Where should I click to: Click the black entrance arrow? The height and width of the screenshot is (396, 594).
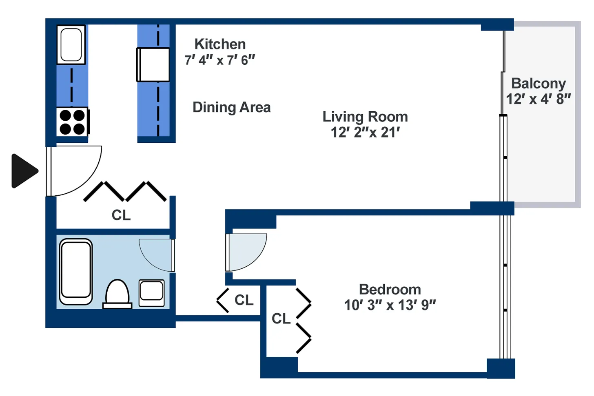pyautogui.click(x=24, y=171)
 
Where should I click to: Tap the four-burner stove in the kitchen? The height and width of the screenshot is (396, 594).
pyautogui.click(x=72, y=122)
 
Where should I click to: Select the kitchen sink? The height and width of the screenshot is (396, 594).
pyautogui.click(x=71, y=44)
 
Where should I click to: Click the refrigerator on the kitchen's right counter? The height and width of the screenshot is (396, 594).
pyautogui.click(x=153, y=64)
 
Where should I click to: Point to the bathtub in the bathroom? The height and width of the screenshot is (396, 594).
pyautogui.click(x=76, y=272)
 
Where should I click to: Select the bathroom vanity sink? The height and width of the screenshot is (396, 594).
pyautogui.click(x=152, y=292)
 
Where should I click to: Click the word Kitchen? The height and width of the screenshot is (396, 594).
pyautogui.click(x=220, y=44)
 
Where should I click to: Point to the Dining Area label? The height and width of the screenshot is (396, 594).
pyautogui.click(x=231, y=107)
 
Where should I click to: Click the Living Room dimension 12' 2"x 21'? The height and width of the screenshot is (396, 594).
pyautogui.click(x=365, y=133)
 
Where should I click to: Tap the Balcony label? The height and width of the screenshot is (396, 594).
pyautogui.click(x=538, y=83)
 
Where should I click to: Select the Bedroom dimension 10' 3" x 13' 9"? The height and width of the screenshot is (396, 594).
pyautogui.click(x=390, y=305)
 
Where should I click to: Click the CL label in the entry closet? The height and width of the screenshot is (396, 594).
pyautogui.click(x=121, y=215)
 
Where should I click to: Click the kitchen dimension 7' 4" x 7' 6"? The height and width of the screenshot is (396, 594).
pyautogui.click(x=219, y=60)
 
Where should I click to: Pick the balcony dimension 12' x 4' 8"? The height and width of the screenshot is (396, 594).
pyautogui.click(x=538, y=99)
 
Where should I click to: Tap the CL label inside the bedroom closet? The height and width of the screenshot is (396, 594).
pyautogui.click(x=281, y=319)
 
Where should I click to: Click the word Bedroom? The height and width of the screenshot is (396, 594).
pyautogui.click(x=390, y=289)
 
